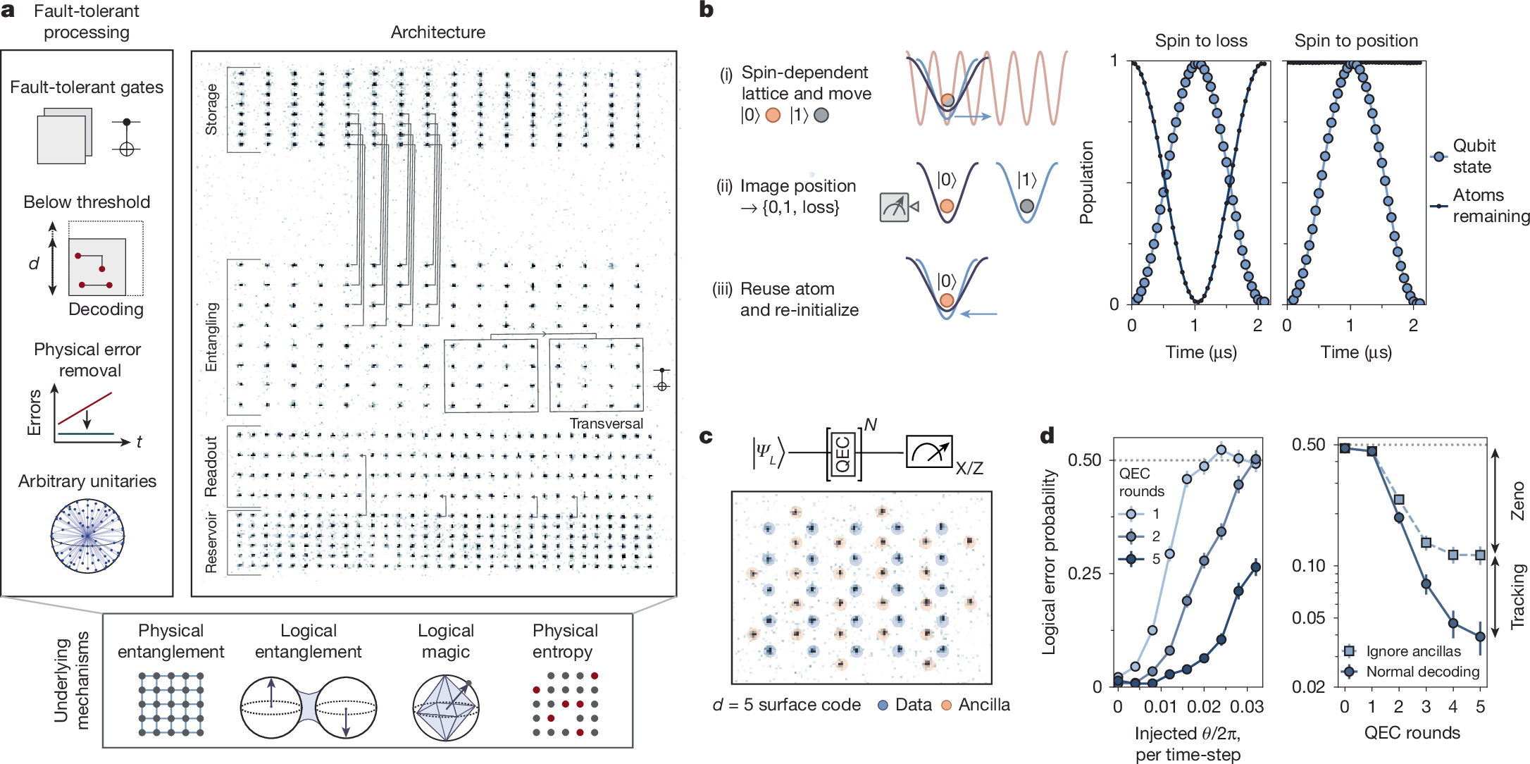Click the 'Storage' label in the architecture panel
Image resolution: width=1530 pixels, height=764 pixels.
(x=211, y=109)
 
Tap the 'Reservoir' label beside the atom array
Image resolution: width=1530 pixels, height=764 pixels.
(x=211, y=542)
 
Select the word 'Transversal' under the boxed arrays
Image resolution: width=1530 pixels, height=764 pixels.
(x=606, y=424)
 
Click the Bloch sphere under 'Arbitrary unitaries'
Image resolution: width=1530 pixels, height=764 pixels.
(x=87, y=536)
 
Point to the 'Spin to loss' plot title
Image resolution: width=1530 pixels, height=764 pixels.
(x=1201, y=41)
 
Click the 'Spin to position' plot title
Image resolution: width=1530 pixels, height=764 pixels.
(x=1356, y=41)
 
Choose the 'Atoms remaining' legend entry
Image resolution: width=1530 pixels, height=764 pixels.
(x=1491, y=205)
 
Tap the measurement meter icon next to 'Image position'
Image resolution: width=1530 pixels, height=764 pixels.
(x=895, y=207)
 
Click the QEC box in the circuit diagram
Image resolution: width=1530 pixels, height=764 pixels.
(x=843, y=454)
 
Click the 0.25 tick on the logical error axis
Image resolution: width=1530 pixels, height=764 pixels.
(x=1085, y=573)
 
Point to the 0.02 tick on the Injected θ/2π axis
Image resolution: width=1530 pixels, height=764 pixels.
(x=1204, y=706)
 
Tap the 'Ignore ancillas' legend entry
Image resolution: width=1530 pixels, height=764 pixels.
(x=1413, y=651)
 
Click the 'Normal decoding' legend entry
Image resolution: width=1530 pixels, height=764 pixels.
(x=1422, y=672)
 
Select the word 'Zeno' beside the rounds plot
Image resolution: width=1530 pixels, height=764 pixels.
(x=1518, y=500)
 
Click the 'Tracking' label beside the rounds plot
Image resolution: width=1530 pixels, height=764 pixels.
(x=1518, y=596)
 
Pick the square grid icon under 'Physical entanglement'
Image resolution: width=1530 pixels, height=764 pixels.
(x=171, y=704)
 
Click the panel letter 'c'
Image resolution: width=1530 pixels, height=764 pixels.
(x=706, y=437)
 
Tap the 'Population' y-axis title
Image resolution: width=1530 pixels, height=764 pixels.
(x=1087, y=182)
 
